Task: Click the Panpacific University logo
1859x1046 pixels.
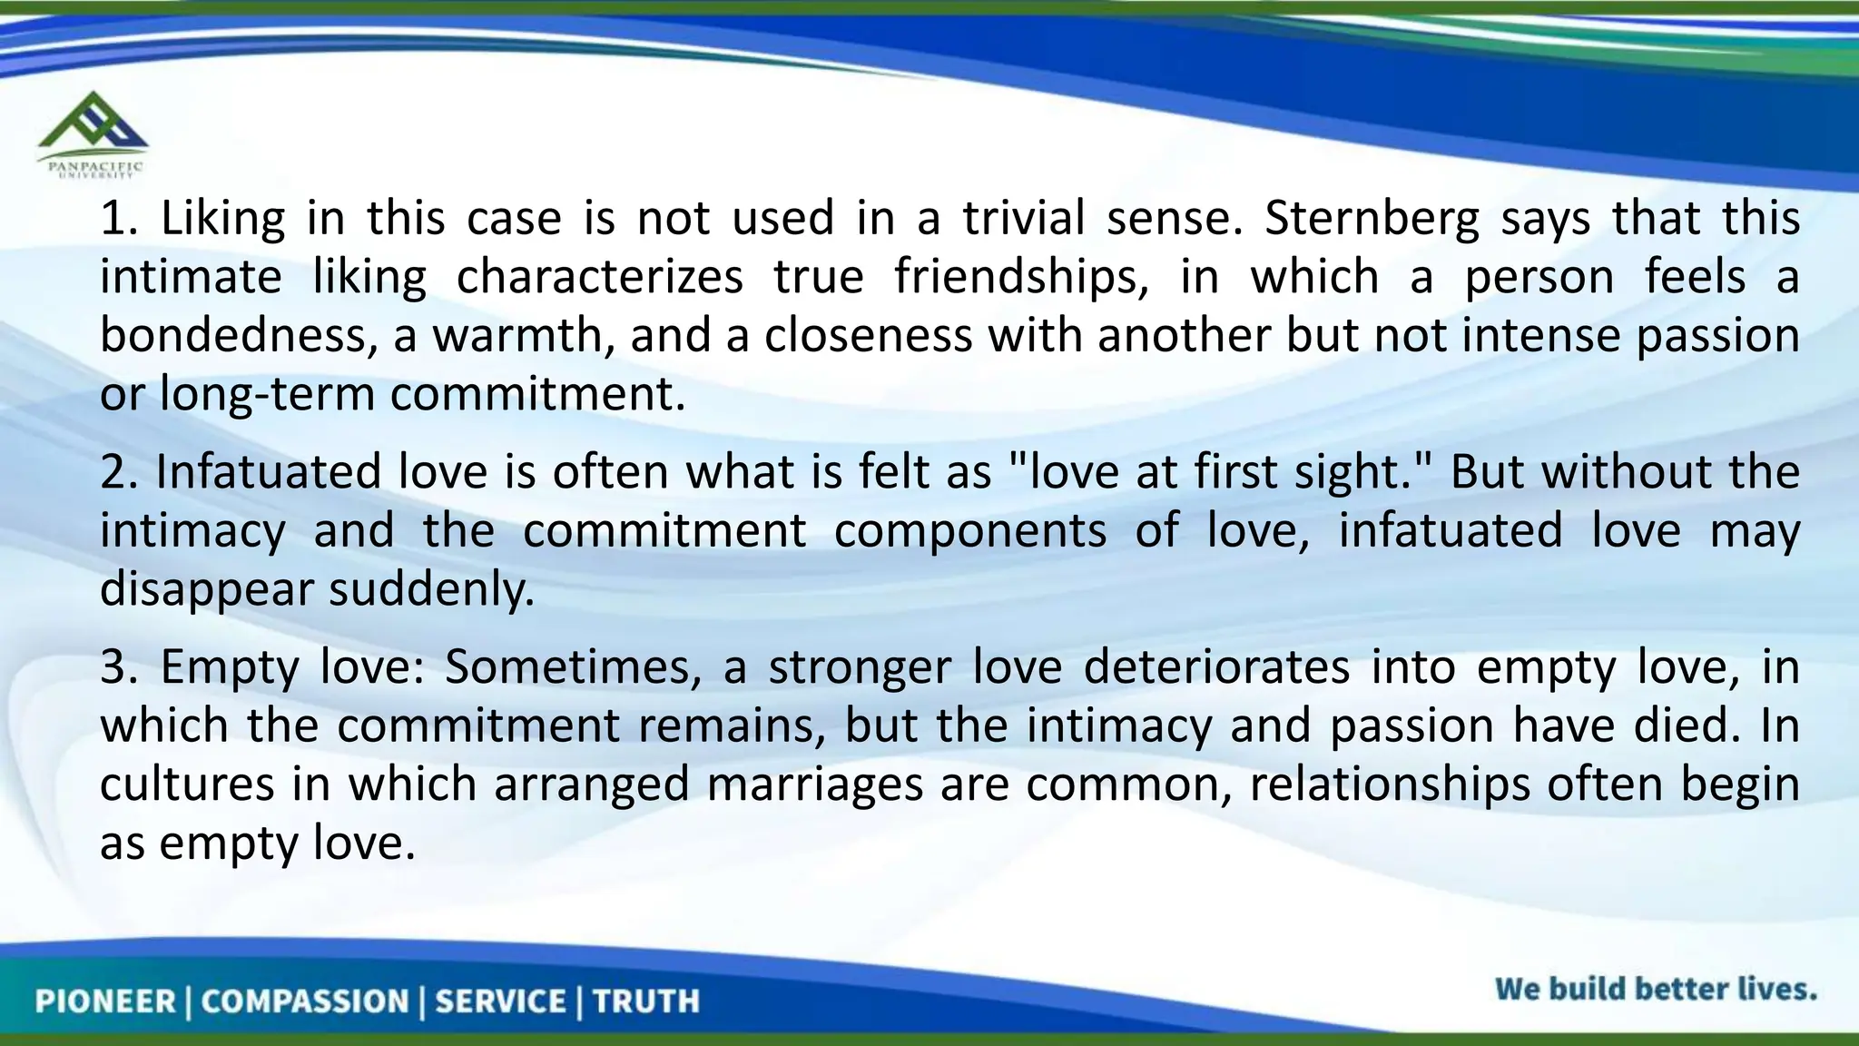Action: [x=93, y=133]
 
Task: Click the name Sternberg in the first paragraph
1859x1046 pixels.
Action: [x=1371, y=219]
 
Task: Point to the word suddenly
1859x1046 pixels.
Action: [x=431, y=588]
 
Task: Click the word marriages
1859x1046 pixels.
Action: [x=814, y=784]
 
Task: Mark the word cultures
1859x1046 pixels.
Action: [x=186, y=784]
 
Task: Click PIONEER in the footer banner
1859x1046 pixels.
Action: [x=105, y=1001]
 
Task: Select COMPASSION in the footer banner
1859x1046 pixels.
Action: [x=305, y=1001]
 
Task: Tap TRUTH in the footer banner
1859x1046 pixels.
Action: [x=646, y=1001]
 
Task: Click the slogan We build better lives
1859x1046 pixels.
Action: [x=1655, y=989]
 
